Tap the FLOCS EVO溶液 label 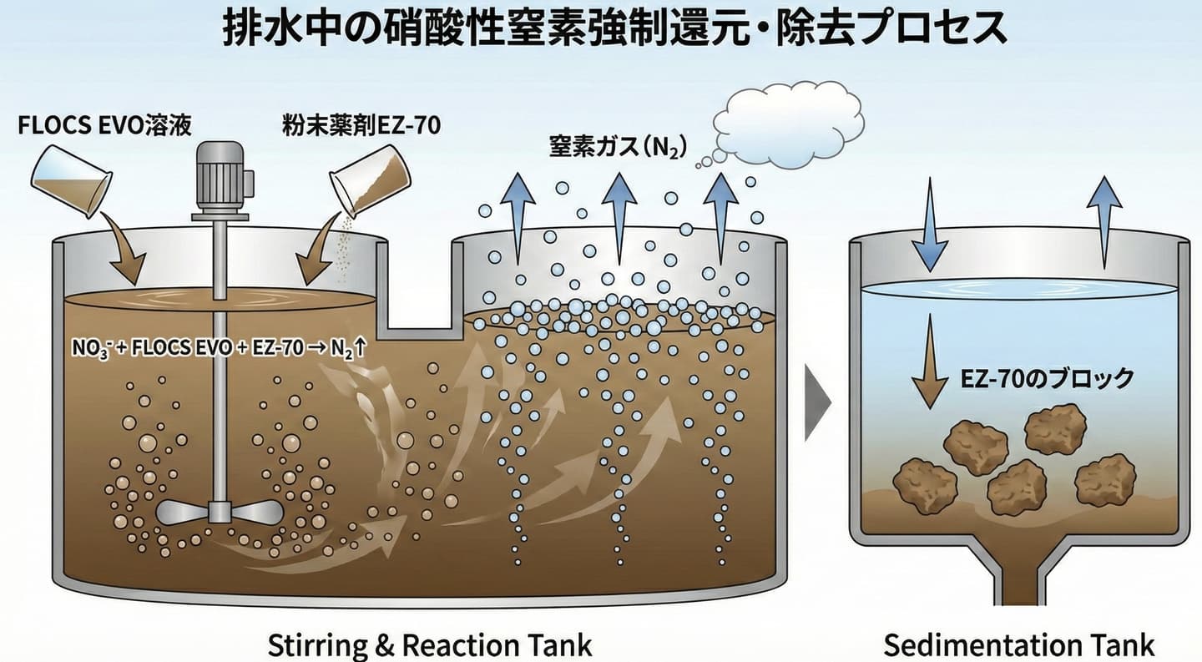(x=105, y=126)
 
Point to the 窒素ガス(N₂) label (x=618, y=148)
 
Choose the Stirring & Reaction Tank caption (x=430, y=645)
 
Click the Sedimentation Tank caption (x=1019, y=645)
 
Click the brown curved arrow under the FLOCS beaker (x=124, y=248)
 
